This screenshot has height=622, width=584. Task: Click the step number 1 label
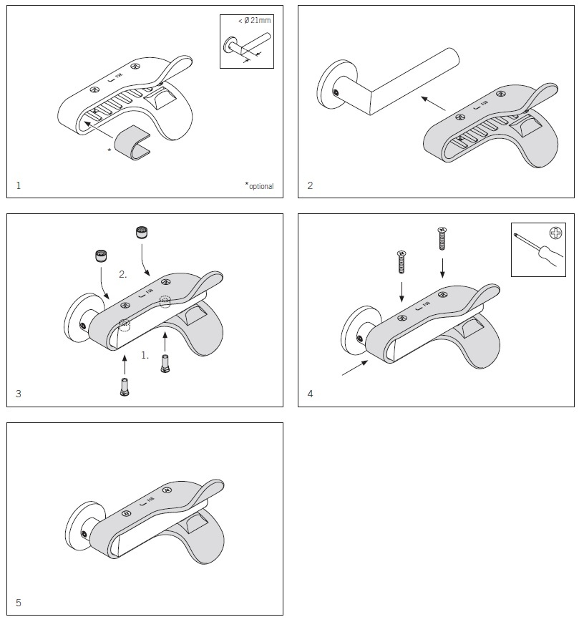(19, 185)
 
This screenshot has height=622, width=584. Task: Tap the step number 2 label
(310, 185)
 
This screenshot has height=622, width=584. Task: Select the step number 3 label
(19, 394)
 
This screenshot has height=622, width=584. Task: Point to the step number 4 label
(310, 394)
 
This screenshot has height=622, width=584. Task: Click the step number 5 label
(19, 603)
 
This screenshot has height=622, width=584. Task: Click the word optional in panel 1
(261, 186)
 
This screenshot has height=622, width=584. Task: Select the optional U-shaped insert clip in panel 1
(133, 143)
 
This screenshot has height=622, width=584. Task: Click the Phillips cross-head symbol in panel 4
(556, 233)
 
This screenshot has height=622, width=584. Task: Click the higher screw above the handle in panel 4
(442, 238)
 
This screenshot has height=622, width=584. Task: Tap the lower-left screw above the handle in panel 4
(401, 262)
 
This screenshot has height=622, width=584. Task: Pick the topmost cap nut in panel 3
(141, 232)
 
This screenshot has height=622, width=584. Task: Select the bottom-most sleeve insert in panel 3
(125, 387)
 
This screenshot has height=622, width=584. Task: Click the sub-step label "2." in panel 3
(123, 274)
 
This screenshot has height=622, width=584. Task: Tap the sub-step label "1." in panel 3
(145, 355)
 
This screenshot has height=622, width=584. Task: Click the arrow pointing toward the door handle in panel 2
(433, 103)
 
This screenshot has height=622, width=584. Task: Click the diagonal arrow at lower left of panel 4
(355, 367)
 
